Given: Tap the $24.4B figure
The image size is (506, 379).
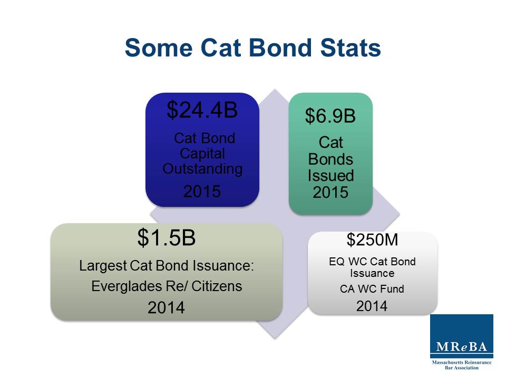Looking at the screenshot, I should (x=202, y=110).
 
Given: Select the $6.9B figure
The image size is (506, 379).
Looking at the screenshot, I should (x=330, y=116).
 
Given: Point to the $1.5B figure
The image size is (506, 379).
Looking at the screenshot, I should (x=167, y=238).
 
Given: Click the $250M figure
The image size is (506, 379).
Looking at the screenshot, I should (x=372, y=240).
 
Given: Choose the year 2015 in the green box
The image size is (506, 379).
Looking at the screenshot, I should (x=330, y=192).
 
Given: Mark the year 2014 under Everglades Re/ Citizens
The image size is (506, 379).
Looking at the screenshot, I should (x=166, y=308).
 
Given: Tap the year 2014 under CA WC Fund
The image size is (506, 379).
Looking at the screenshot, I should (x=372, y=306).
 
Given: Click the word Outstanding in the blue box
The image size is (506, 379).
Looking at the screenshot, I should (x=202, y=169).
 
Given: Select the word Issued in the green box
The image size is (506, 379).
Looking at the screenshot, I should (x=330, y=175).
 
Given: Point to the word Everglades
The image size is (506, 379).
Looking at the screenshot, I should (x=120, y=286).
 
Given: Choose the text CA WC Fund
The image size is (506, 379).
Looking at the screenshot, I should (x=372, y=288).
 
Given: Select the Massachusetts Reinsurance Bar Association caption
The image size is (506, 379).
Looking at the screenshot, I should (x=462, y=365).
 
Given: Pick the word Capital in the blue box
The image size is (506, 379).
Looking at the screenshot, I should (x=202, y=154).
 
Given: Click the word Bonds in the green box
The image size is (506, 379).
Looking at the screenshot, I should (x=330, y=159).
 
